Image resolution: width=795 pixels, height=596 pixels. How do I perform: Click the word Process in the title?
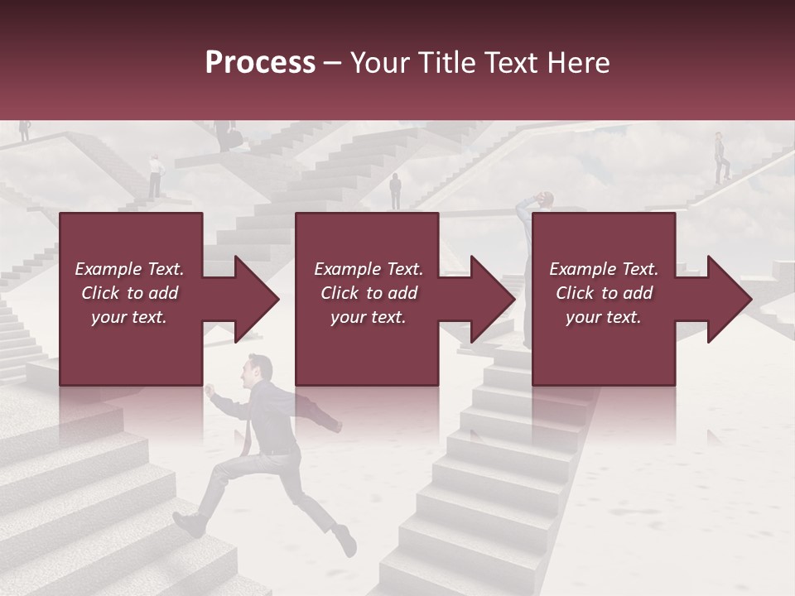tap(260, 63)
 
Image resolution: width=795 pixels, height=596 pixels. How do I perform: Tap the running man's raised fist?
tap(210, 388)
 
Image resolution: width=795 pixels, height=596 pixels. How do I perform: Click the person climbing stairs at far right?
tap(721, 156)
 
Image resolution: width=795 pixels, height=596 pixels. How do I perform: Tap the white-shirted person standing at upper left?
tap(155, 175)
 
